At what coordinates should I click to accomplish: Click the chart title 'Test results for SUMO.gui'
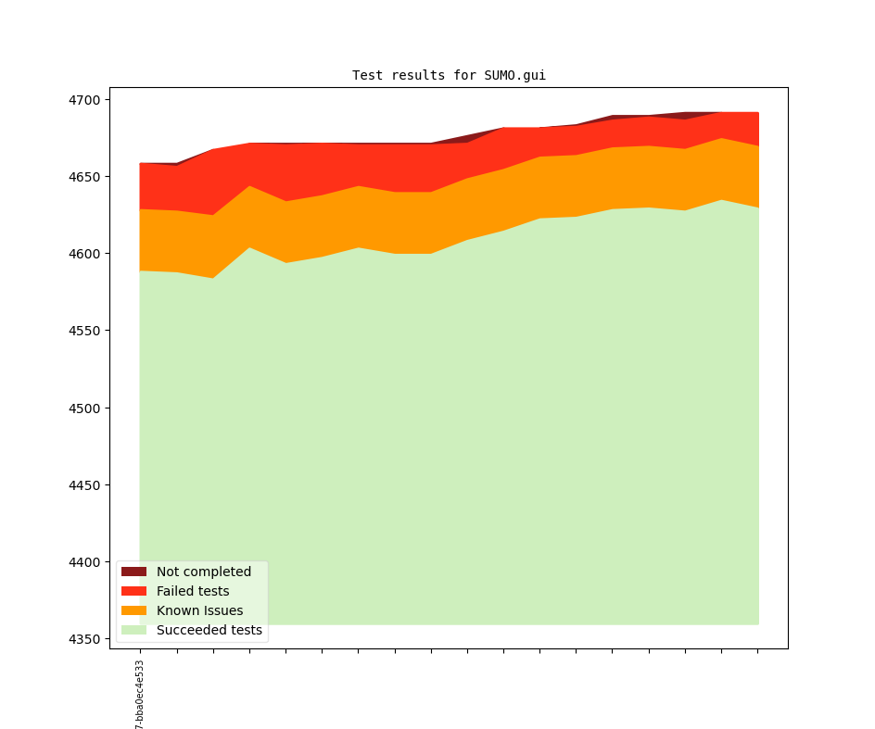449,76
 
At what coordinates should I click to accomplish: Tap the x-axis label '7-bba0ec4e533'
140,695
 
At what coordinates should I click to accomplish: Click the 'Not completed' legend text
204,572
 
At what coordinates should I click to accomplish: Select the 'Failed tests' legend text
193,591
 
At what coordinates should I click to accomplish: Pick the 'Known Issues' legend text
199,610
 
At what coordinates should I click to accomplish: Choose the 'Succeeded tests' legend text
209,630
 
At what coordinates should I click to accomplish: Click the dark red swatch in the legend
133,572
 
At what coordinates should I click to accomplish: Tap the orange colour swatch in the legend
133,610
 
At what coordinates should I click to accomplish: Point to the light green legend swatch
133,630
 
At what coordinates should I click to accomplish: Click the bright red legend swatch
133,591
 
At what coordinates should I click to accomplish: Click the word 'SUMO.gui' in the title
514,76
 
